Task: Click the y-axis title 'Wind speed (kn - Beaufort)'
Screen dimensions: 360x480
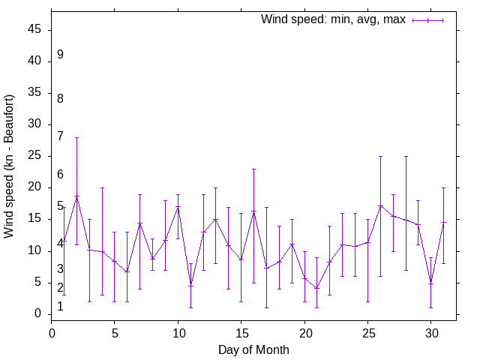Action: tap(9, 166)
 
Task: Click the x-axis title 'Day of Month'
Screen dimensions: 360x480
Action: tap(253, 349)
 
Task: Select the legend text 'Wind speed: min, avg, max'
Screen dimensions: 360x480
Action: tap(333, 19)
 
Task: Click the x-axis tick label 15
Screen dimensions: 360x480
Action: tap(241, 331)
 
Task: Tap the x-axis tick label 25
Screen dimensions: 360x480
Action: tap(367, 331)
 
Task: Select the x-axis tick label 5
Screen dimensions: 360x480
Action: tap(115, 331)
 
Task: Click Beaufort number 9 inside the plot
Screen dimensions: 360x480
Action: tap(60, 55)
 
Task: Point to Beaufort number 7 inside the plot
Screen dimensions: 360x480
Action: tap(60, 136)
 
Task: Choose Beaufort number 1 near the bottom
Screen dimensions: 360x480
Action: tap(60, 307)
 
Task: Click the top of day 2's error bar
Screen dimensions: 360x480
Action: tap(76, 137)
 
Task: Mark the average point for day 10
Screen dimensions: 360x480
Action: tap(178, 206)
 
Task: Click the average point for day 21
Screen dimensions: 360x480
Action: tap(317, 288)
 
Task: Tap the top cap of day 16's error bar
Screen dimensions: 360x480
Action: tap(254, 169)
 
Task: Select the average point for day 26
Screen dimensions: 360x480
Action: tap(380, 205)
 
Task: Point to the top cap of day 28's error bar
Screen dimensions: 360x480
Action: tap(406, 156)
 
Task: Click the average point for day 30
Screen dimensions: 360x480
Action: tap(431, 283)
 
